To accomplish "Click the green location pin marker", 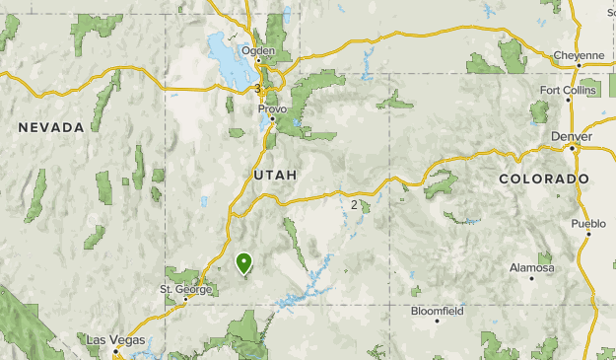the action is [x=244, y=262].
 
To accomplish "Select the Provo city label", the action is [x=272, y=108].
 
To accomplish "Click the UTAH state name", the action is [x=275, y=174].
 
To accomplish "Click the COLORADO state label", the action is [x=544, y=179].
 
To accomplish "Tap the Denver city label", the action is [x=572, y=135].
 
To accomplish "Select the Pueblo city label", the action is [x=588, y=224].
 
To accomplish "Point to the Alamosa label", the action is [x=531, y=267].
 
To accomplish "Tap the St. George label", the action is [x=185, y=289].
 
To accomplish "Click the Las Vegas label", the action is [x=115, y=339].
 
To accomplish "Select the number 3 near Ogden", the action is [x=256, y=89].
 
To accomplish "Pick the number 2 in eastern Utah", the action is [x=354, y=204].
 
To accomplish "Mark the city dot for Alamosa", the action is [x=531, y=278].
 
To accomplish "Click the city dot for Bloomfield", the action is [x=437, y=321].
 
